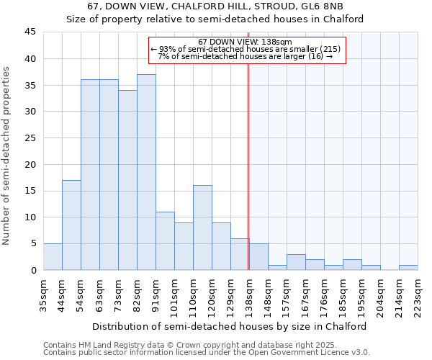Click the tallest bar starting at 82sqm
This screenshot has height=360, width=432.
(146, 172)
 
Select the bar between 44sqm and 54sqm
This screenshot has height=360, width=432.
(71, 225)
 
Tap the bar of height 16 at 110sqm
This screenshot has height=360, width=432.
(202, 228)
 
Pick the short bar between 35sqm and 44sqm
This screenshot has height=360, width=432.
(53, 257)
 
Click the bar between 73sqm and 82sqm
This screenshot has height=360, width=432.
(127, 180)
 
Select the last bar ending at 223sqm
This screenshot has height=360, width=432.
(408, 267)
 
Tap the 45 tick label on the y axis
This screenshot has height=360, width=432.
(30, 32)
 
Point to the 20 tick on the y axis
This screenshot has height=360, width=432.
(30, 164)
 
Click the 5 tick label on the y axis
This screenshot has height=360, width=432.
(32, 243)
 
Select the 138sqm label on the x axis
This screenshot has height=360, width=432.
(249, 295)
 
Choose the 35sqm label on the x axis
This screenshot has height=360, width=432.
(43, 295)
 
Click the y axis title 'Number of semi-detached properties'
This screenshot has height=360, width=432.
(7, 156)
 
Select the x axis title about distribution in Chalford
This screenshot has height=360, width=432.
(230, 326)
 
